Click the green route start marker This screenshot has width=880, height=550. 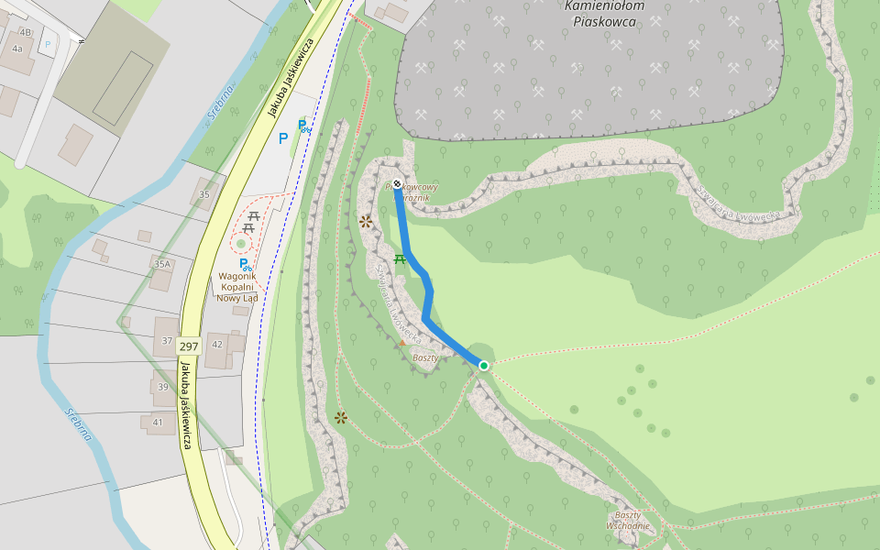484,366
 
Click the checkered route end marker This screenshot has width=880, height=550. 397,184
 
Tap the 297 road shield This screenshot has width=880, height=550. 189,346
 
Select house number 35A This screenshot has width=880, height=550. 162,264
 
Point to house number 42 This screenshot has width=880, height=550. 217,344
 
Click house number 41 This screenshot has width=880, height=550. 158,422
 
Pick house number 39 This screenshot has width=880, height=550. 162,387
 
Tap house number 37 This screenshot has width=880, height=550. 167,340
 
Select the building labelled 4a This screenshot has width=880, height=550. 16,49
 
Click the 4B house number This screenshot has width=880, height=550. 25,32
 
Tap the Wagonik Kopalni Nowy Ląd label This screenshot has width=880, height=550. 236,286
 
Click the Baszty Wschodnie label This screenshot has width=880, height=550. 628,520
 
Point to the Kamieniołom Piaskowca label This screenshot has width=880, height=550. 604,13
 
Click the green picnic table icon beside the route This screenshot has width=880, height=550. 400,259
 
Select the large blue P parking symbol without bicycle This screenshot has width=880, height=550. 283,138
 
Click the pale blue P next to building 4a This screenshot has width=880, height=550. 48,43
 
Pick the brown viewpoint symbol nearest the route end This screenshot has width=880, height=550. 366,221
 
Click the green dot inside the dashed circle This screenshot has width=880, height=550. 241,244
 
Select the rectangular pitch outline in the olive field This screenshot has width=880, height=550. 123,87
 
